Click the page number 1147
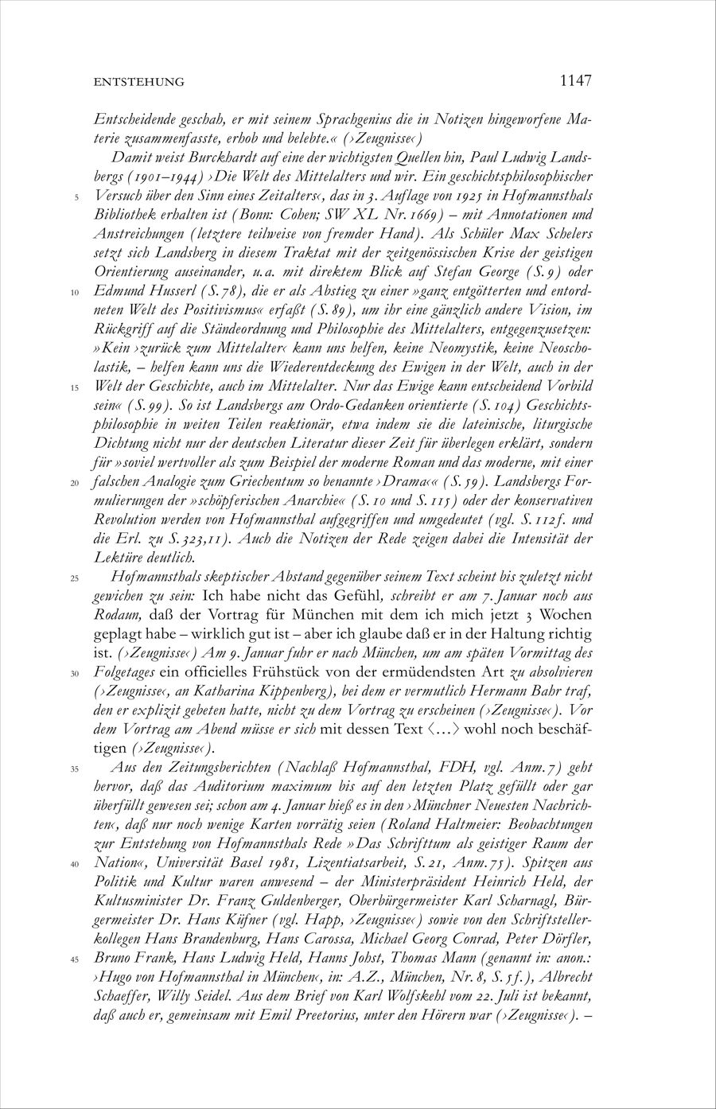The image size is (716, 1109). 575,80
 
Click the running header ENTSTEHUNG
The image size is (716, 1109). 139,82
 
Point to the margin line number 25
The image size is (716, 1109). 75,578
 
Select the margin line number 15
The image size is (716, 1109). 75,387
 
